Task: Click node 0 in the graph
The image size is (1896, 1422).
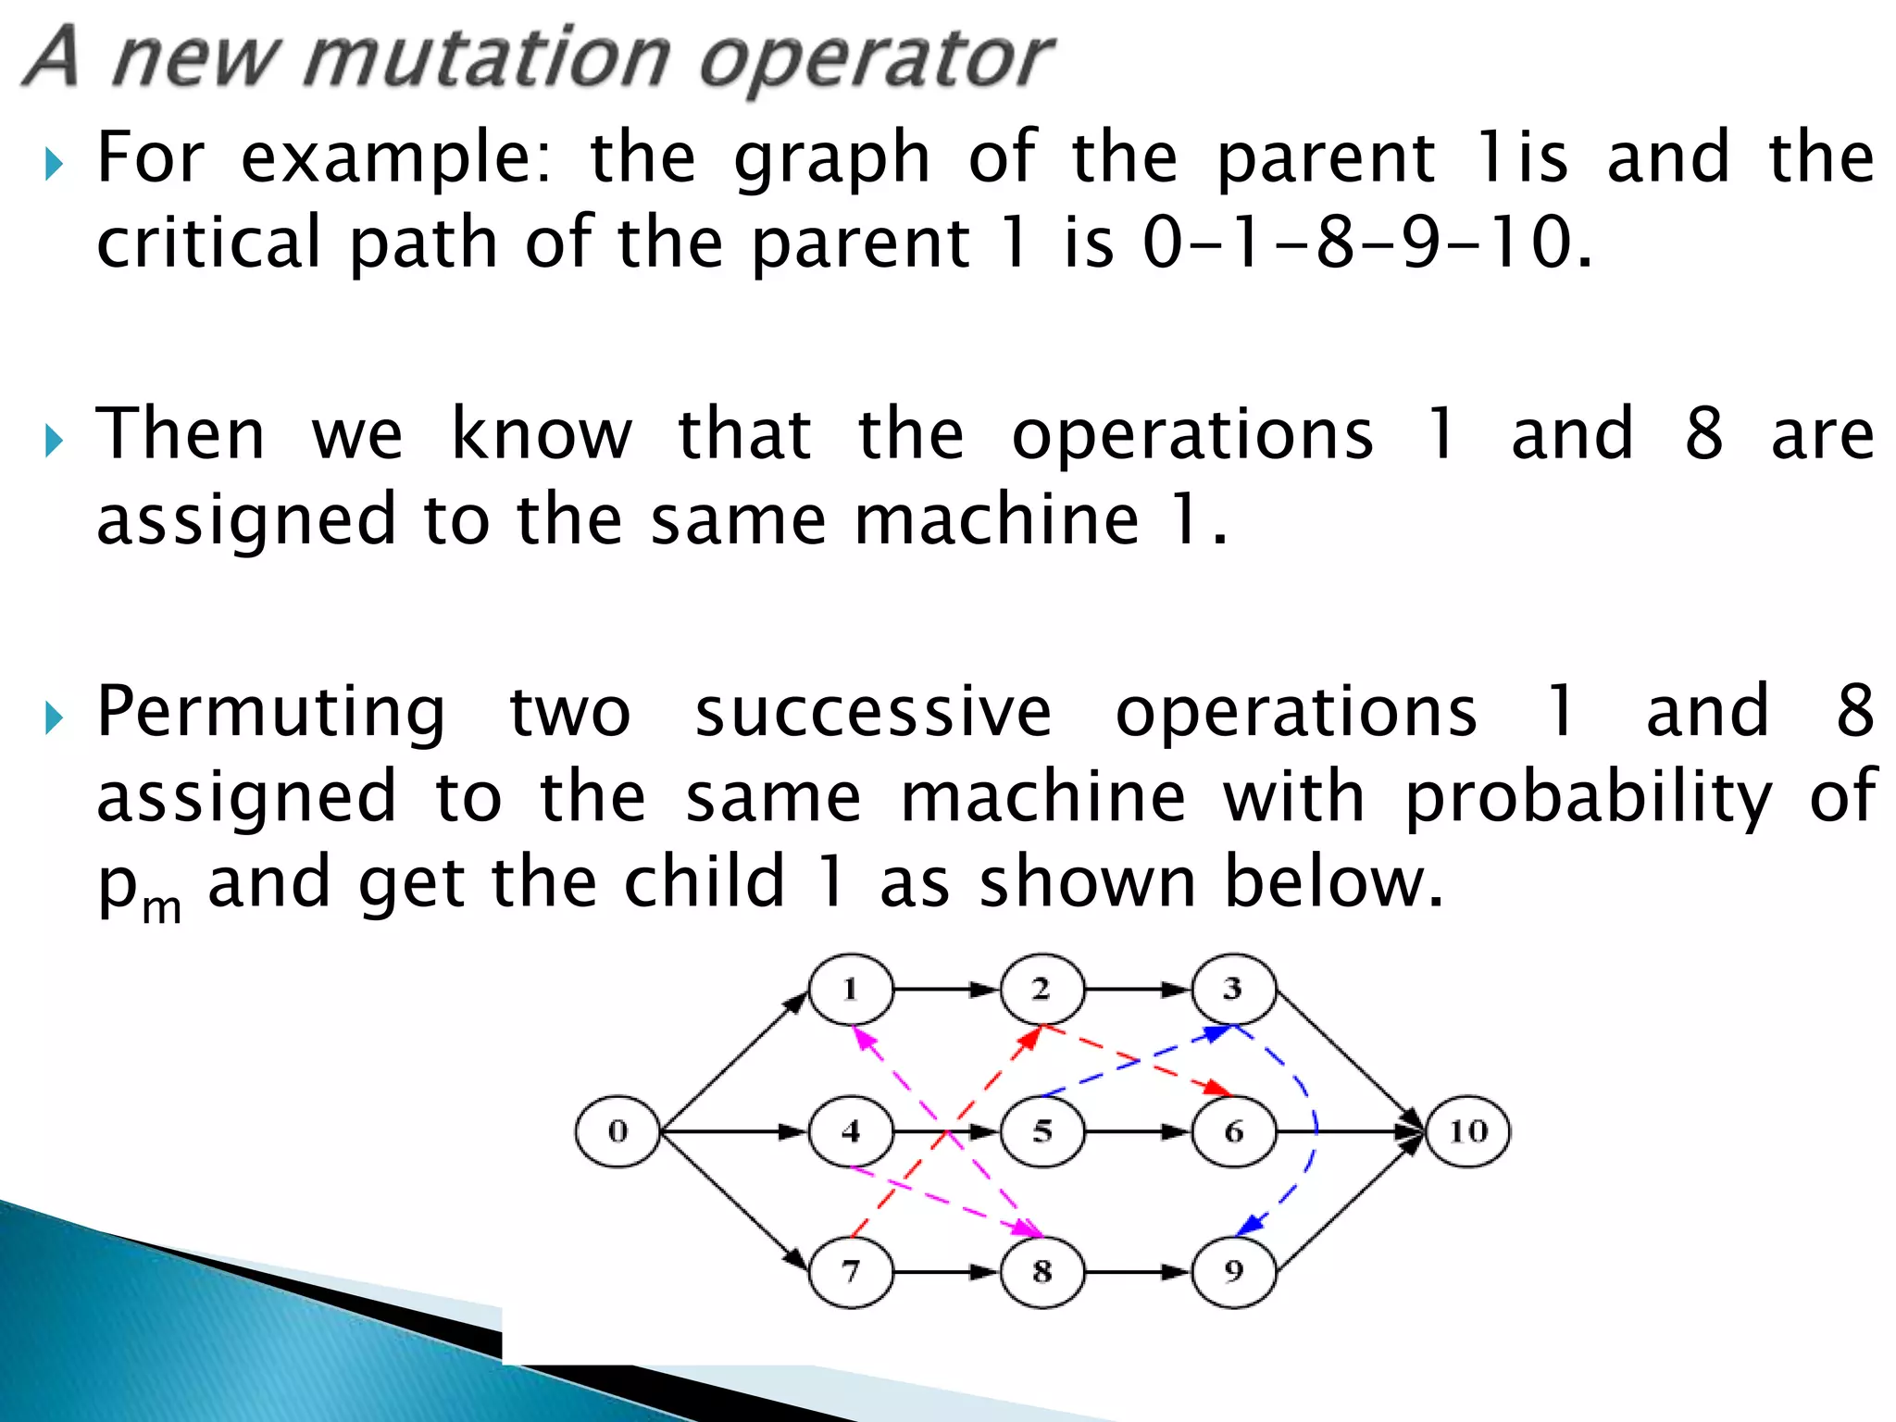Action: [617, 1131]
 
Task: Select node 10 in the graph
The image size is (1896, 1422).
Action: [1468, 1131]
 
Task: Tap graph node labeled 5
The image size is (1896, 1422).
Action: [1042, 1131]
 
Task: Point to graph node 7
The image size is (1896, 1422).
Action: [851, 1272]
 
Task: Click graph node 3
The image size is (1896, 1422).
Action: [1233, 990]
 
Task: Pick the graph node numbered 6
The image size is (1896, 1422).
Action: [1233, 1131]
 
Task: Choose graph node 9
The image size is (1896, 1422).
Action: [1233, 1272]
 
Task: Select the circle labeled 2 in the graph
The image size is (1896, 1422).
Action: [1042, 990]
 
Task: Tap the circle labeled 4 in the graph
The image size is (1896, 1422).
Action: [851, 1131]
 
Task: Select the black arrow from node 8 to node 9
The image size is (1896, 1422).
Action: [1137, 1272]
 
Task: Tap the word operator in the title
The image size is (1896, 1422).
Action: [875, 60]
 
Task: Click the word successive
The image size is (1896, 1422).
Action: [873, 711]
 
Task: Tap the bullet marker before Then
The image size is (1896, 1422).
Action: [54, 442]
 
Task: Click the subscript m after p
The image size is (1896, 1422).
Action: [162, 908]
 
